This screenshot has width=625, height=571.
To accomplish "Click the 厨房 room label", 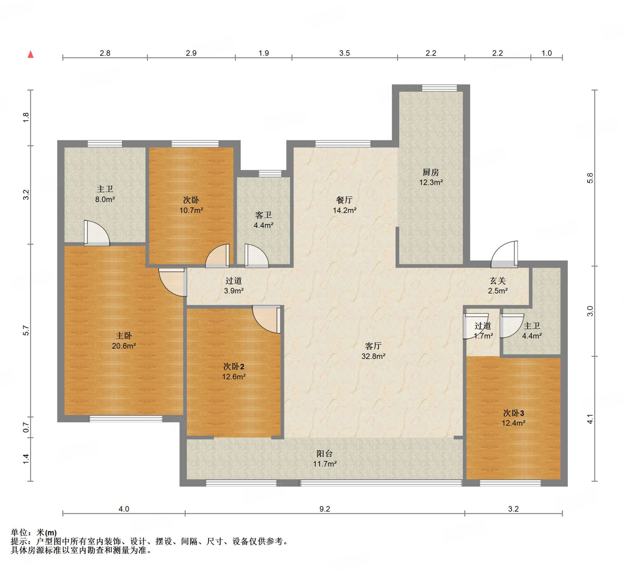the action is [431, 172].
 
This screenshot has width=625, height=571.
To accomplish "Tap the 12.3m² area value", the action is [431, 182].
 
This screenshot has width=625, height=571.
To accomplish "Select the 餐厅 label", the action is [345, 200].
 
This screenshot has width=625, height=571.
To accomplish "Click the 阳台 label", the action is [325, 454].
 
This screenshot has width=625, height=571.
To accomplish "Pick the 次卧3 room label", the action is [513, 413].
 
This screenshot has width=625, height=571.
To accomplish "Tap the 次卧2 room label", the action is [234, 367].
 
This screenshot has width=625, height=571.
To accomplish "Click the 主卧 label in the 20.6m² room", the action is [124, 335].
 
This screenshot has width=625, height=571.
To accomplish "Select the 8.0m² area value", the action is [105, 199].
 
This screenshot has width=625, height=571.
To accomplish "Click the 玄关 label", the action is [497, 281].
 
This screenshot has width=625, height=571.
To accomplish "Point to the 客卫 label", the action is [263, 215].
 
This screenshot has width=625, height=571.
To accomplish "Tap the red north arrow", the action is [31, 55].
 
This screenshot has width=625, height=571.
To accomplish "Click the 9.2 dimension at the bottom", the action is [325, 509].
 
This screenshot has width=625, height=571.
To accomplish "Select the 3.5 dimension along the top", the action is [344, 53].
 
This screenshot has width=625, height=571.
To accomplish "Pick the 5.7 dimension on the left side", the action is [26, 331].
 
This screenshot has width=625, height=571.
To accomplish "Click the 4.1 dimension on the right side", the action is [590, 419].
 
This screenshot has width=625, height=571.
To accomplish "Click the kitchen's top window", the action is [439, 88].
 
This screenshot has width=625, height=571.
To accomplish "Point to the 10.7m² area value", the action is [191, 210].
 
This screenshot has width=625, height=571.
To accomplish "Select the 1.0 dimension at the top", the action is [547, 53].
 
